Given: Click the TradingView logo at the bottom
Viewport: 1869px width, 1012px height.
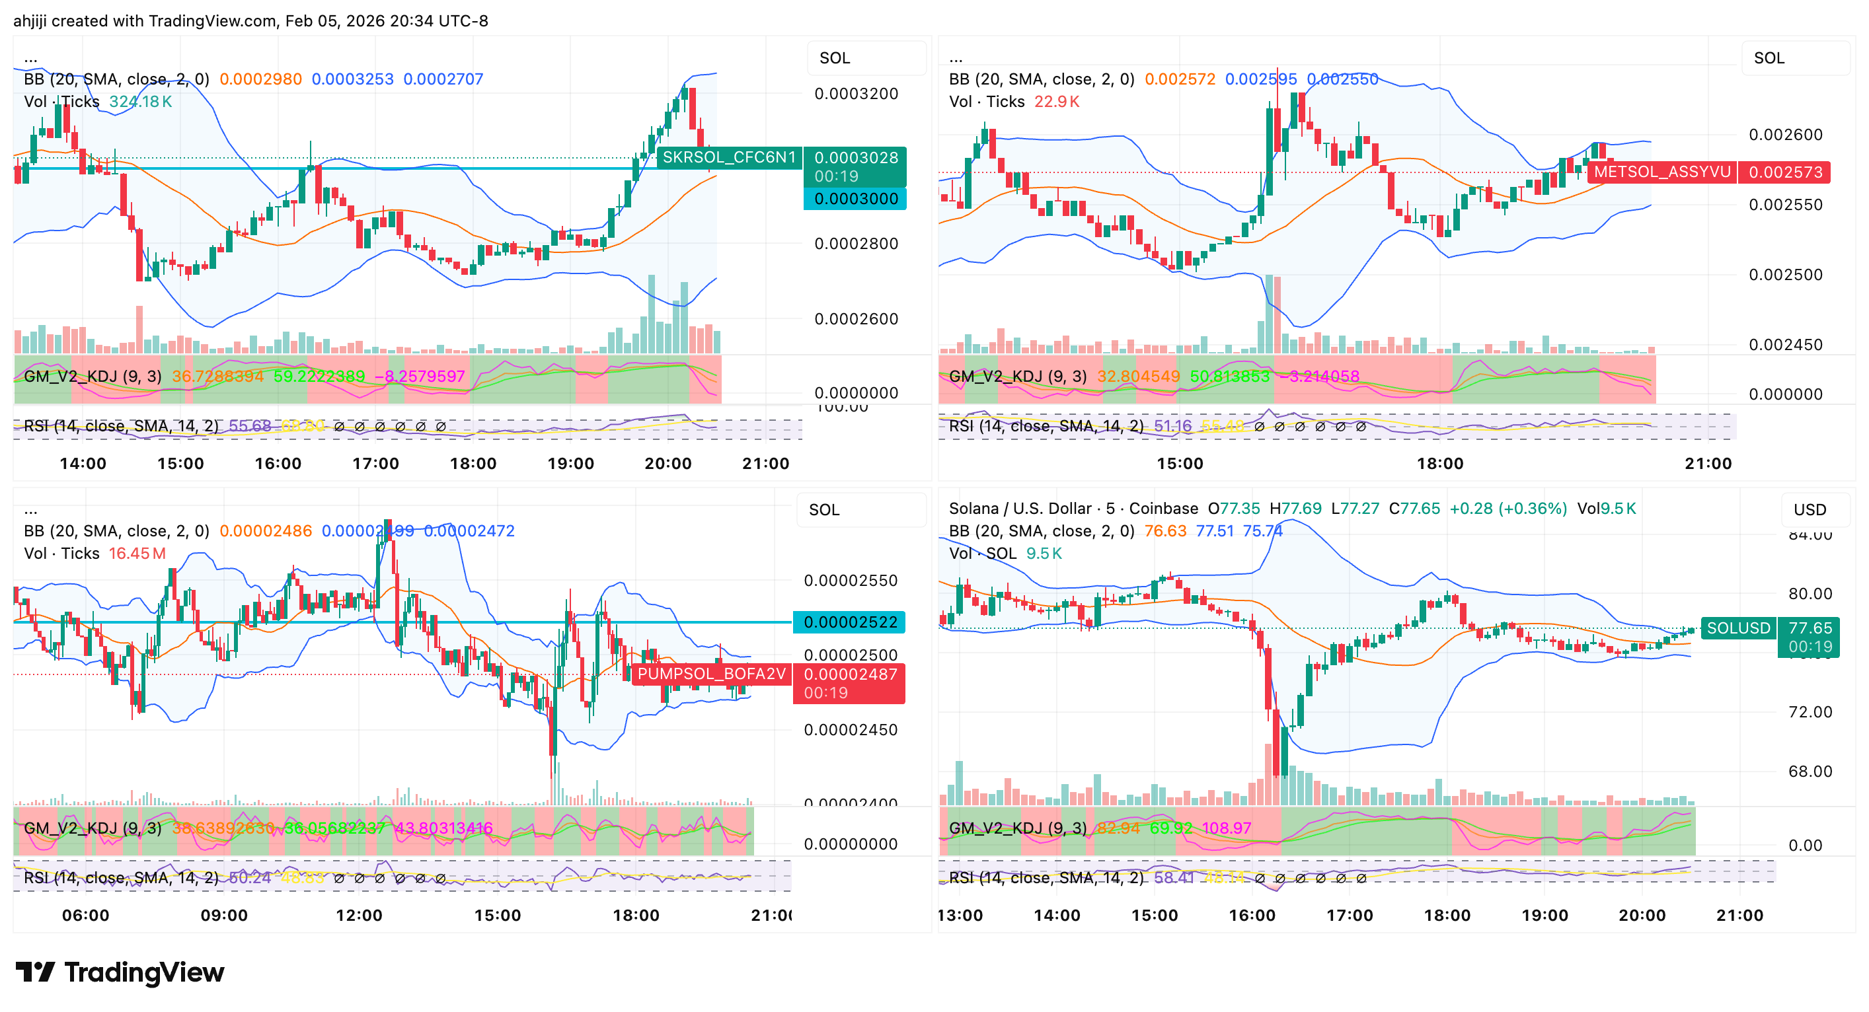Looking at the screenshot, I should (120, 972).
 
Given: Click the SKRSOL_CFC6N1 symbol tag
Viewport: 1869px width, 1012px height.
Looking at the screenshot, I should (728, 157).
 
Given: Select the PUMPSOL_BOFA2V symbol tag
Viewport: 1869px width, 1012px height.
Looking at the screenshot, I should (711, 674).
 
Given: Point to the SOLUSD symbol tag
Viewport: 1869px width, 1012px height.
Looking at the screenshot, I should (1738, 628).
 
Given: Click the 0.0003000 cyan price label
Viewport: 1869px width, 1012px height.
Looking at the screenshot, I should (855, 199).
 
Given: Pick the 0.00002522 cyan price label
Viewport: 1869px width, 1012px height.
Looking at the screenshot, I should (850, 622).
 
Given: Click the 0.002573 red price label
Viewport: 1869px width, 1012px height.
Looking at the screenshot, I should (1785, 172).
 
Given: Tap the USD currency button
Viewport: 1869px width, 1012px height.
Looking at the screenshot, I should (1810, 509).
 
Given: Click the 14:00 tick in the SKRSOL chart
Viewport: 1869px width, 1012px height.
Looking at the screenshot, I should (83, 464).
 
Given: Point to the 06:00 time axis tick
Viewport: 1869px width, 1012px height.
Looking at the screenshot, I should (86, 915).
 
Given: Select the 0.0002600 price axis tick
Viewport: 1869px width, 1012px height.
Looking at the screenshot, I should (856, 318).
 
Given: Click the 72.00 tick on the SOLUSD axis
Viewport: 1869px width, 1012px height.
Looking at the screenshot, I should (1810, 711).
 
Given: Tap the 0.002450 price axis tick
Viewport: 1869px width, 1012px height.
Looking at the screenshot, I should (1785, 345).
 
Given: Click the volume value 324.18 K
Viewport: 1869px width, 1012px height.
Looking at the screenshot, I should (140, 102).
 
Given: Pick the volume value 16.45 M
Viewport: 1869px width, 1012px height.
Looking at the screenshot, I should (136, 554).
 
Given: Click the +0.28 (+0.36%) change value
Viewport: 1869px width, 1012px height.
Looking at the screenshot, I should (1507, 509).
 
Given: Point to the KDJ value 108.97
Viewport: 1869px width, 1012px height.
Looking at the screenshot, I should (1226, 828).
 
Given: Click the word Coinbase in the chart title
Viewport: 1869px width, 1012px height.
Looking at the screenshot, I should (1163, 509).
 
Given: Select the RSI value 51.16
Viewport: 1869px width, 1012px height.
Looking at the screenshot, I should (1172, 426).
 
